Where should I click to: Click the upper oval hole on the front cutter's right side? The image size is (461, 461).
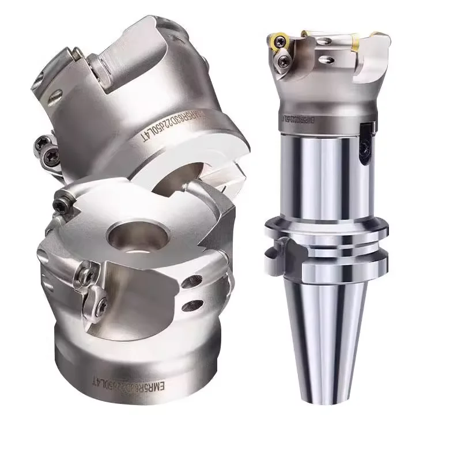click(x=190, y=283)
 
